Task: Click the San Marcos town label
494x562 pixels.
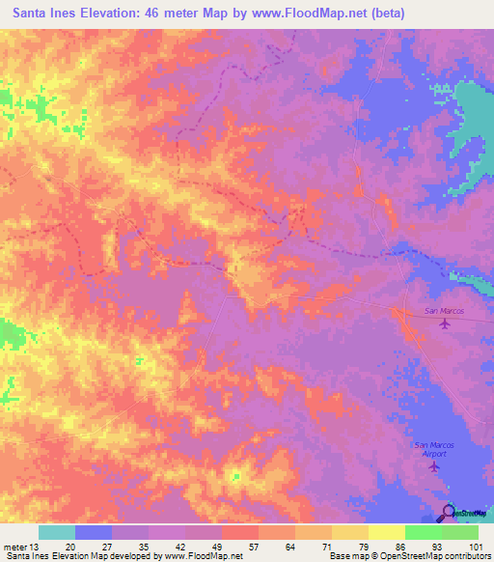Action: pos(444,311)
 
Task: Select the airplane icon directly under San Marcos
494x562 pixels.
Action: pos(444,323)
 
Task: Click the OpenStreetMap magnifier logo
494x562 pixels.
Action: pos(449,512)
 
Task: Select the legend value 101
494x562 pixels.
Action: pos(474,547)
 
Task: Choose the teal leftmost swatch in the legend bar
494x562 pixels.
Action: pos(57,532)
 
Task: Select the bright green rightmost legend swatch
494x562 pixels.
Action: pos(460,532)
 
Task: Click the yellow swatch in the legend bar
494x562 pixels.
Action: pos(350,532)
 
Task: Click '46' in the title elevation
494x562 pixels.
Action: pos(163,13)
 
